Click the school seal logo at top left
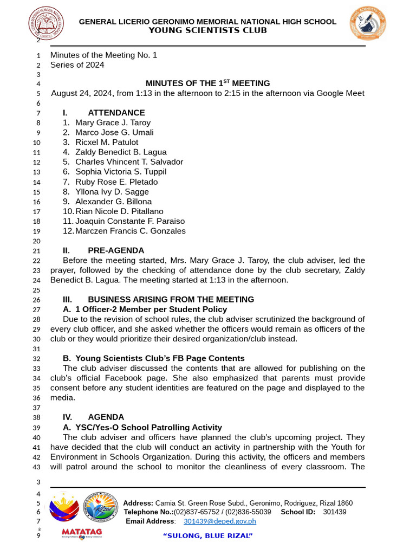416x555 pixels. (x=46, y=24)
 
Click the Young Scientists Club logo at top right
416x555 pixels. (x=368, y=24)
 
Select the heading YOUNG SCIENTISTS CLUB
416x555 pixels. (x=207, y=30)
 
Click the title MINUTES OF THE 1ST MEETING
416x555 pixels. (x=207, y=83)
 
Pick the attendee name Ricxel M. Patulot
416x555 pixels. (x=107, y=142)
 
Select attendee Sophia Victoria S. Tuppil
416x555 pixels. (x=121, y=172)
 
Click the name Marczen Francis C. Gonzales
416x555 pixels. (x=130, y=231)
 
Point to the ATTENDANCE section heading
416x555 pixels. (x=116, y=113)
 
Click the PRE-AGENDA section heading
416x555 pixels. (x=116, y=250)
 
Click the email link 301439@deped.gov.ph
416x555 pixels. (x=219, y=521)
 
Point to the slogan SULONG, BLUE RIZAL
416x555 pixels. (x=208, y=536)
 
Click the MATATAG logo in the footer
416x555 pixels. (x=81, y=533)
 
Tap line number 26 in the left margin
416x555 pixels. (x=37, y=300)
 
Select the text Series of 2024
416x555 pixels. (x=77, y=65)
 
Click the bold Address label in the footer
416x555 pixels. (x=138, y=503)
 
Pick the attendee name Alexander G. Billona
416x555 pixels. (x=113, y=202)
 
